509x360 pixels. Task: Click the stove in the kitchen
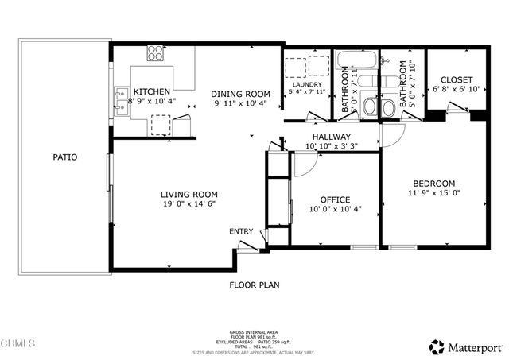(x=154, y=54)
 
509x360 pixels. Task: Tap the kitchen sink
(x=121, y=98)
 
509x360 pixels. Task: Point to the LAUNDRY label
(x=306, y=84)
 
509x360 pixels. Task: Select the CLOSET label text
(x=457, y=80)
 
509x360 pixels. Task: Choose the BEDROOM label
(x=433, y=183)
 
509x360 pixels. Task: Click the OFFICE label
(x=335, y=199)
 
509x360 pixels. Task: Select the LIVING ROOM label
(x=188, y=194)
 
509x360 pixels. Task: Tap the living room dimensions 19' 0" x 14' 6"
(x=188, y=204)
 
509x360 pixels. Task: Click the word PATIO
(x=65, y=157)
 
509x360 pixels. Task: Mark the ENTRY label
(x=241, y=231)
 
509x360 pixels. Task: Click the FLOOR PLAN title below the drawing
(x=254, y=285)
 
